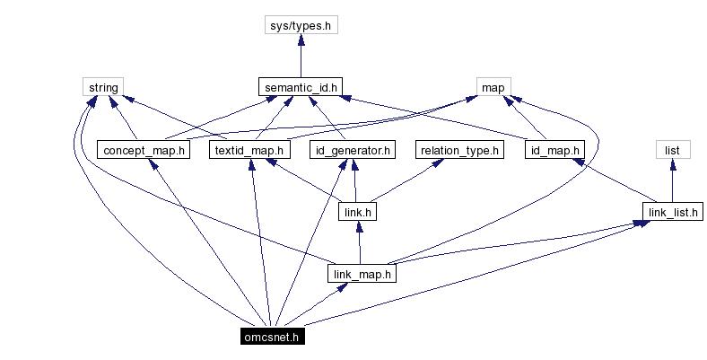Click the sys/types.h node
pyautogui.click(x=301, y=26)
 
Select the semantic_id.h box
pyautogui.click(x=301, y=88)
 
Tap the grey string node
pyautogui.click(x=98, y=88)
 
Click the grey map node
pyautogui.click(x=492, y=88)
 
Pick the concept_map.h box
pyautogui.click(x=144, y=150)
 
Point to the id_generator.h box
pyautogui.click(x=352, y=150)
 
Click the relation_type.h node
pyautogui.click(x=457, y=150)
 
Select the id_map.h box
pyautogui.click(x=554, y=150)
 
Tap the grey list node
pyautogui.click(x=671, y=150)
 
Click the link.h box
pyautogui.click(x=358, y=212)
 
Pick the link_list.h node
pyautogui.click(x=671, y=212)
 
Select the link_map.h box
pyautogui.click(x=361, y=274)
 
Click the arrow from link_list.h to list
pyautogui.click(x=671, y=180)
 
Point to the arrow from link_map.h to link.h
pyautogui.click(x=359, y=242)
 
